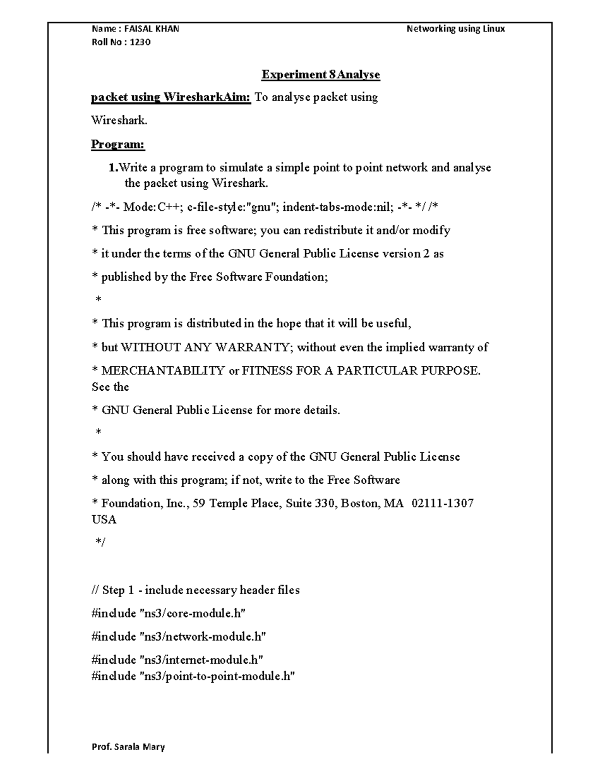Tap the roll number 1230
click(140, 42)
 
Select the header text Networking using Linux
click(455, 29)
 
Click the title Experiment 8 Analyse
click(320, 75)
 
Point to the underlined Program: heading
click(117, 144)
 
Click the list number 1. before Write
click(113, 168)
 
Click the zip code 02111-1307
click(442, 503)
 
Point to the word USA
click(104, 520)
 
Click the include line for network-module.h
click(178, 637)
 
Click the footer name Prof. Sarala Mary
click(128, 748)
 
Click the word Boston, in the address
click(360, 503)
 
